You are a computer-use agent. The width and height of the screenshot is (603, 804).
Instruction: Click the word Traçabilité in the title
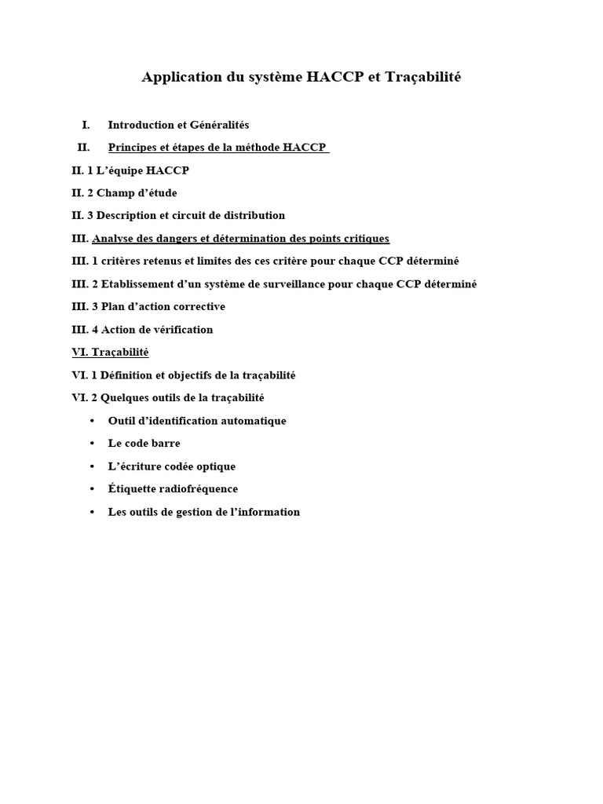423,77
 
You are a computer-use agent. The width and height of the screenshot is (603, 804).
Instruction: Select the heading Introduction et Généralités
178,125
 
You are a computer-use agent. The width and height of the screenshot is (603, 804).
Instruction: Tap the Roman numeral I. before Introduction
86,125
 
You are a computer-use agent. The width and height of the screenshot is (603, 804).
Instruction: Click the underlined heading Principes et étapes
217,148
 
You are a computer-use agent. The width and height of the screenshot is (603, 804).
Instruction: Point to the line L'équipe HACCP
130,170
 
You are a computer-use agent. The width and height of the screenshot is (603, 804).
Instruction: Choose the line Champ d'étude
124,193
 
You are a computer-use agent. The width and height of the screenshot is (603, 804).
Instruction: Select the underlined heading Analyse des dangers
240,239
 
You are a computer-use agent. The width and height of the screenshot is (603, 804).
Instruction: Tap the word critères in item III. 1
125,261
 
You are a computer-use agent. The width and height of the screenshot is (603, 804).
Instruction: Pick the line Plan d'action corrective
148,307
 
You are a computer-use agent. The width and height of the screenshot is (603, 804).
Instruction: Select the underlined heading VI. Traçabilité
110,353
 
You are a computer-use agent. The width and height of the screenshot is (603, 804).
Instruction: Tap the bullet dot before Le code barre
93,444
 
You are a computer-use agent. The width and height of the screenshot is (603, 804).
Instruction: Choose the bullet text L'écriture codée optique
172,466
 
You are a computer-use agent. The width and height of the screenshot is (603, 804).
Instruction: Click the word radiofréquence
197,489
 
